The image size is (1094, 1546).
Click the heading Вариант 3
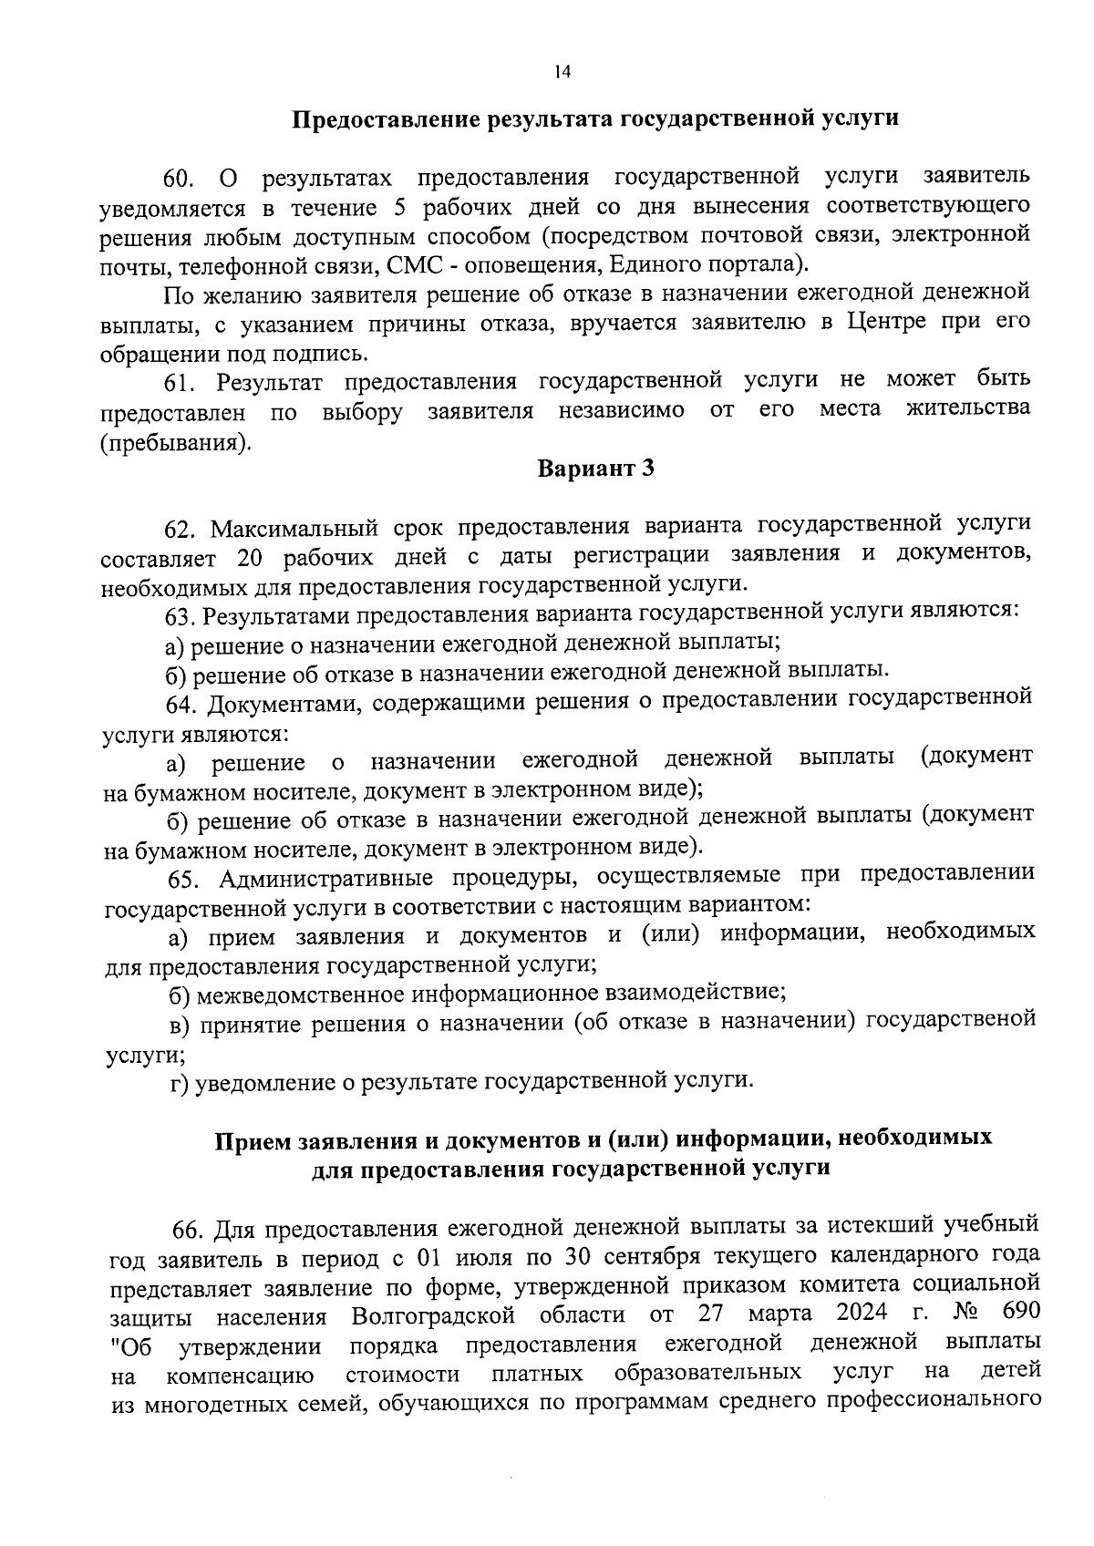click(x=596, y=469)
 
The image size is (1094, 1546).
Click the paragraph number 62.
click(x=181, y=530)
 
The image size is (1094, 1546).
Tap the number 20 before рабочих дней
click(x=249, y=558)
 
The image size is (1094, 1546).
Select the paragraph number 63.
click(x=181, y=617)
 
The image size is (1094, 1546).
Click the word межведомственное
click(x=304, y=994)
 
